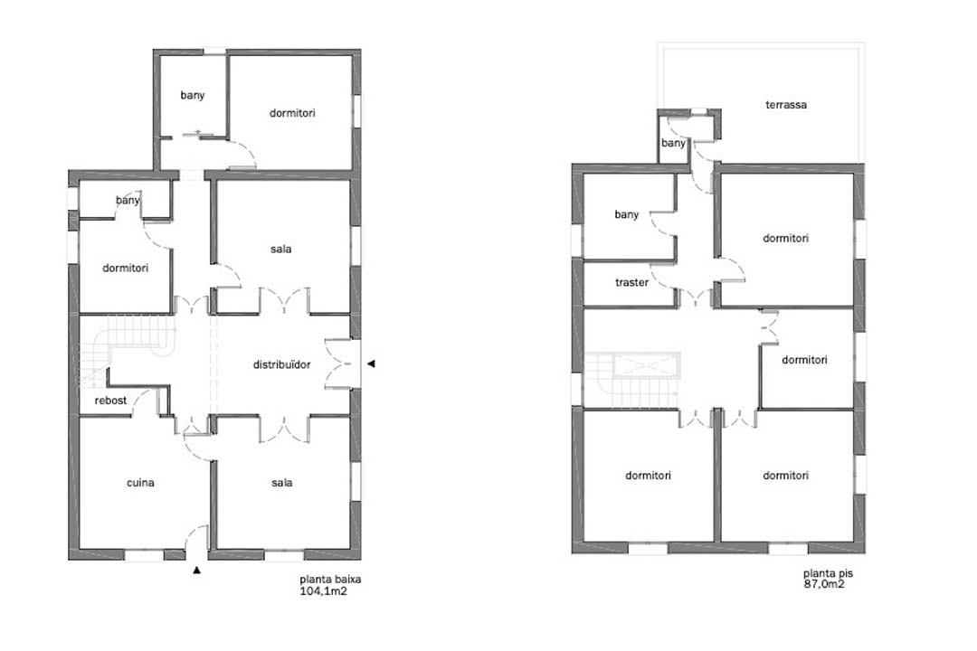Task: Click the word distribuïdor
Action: (x=281, y=364)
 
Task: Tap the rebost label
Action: (x=110, y=400)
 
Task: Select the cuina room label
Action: (x=140, y=482)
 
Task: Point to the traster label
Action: (x=631, y=282)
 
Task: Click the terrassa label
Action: (x=786, y=105)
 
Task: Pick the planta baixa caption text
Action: (x=330, y=579)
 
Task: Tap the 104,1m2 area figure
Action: (x=323, y=590)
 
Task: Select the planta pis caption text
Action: (x=828, y=573)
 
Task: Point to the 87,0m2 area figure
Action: (x=824, y=584)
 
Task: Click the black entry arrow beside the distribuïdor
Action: (x=371, y=363)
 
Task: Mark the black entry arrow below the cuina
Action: (x=197, y=570)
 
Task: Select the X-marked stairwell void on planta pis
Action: (x=646, y=365)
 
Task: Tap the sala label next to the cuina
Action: (x=281, y=482)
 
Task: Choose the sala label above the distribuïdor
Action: (x=281, y=249)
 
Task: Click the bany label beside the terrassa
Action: (x=673, y=143)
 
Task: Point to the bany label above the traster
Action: (x=626, y=214)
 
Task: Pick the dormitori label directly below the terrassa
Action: (x=786, y=238)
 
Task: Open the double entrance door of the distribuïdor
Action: (x=338, y=363)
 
